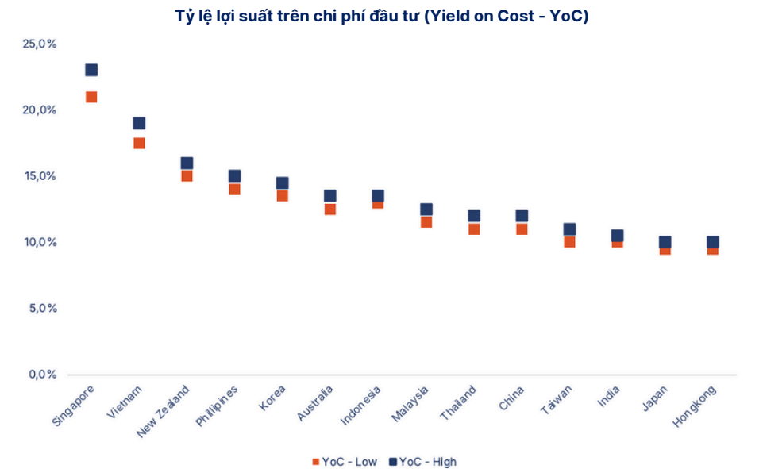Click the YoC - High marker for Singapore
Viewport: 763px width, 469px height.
(x=91, y=70)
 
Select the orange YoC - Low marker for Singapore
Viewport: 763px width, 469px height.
(x=91, y=98)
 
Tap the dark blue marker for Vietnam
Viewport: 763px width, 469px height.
(x=139, y=123)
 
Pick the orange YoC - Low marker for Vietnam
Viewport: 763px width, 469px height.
(x=139, y=144)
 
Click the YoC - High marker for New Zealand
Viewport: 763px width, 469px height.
(x=187, y=163)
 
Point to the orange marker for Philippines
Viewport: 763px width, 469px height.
(x=234, y=190)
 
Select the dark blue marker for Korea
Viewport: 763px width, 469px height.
(x=282, y=183)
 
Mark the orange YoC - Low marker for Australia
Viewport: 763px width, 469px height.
(x=330, y=210)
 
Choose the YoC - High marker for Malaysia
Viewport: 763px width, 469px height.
(x=426, y=210)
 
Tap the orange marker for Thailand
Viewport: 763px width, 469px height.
(x=474, y=229)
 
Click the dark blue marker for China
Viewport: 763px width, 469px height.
(x=522, y=216)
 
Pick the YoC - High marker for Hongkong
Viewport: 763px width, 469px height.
(x=713, y=242)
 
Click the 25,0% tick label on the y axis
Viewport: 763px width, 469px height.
(x=40, y=44)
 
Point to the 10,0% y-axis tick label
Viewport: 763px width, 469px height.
(x=40, y=242)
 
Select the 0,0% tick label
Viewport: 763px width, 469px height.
(x=41, y=375)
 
